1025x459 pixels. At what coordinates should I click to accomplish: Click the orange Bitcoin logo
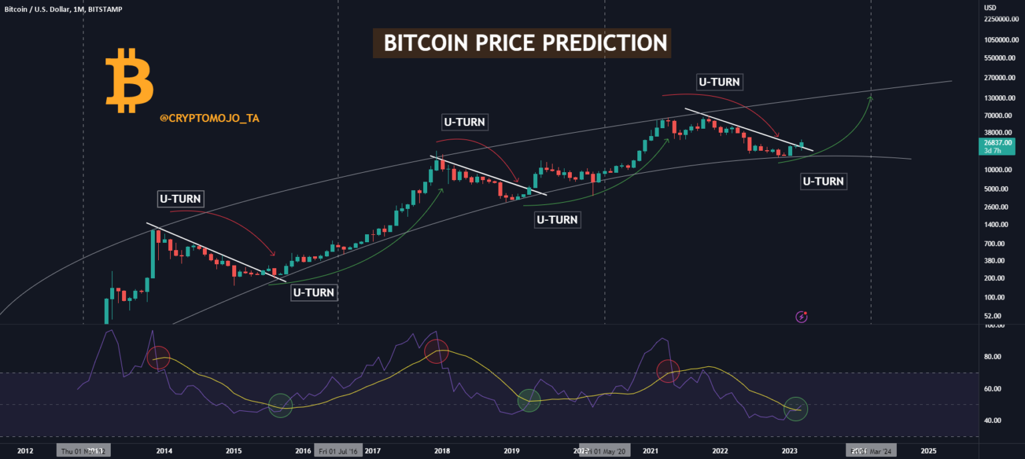(129, 79)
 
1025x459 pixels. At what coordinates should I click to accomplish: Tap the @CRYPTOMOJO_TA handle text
(210, 118)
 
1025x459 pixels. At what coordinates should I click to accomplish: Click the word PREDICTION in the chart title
(604, 43)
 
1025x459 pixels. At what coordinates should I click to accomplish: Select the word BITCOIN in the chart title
(426, 43)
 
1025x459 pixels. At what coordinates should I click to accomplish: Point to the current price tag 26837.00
(998, 142)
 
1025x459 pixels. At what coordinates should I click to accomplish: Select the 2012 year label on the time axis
(25, 451)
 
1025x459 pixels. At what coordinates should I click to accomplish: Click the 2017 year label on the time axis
(372, 451)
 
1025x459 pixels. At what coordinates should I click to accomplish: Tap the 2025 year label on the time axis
(928, 451)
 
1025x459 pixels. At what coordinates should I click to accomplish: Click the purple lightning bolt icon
(802, 317)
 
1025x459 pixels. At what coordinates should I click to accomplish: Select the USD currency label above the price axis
(990, 7)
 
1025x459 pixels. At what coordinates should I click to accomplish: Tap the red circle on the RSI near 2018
(436, 351)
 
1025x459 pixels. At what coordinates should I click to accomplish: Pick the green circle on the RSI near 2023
(795, 408)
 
